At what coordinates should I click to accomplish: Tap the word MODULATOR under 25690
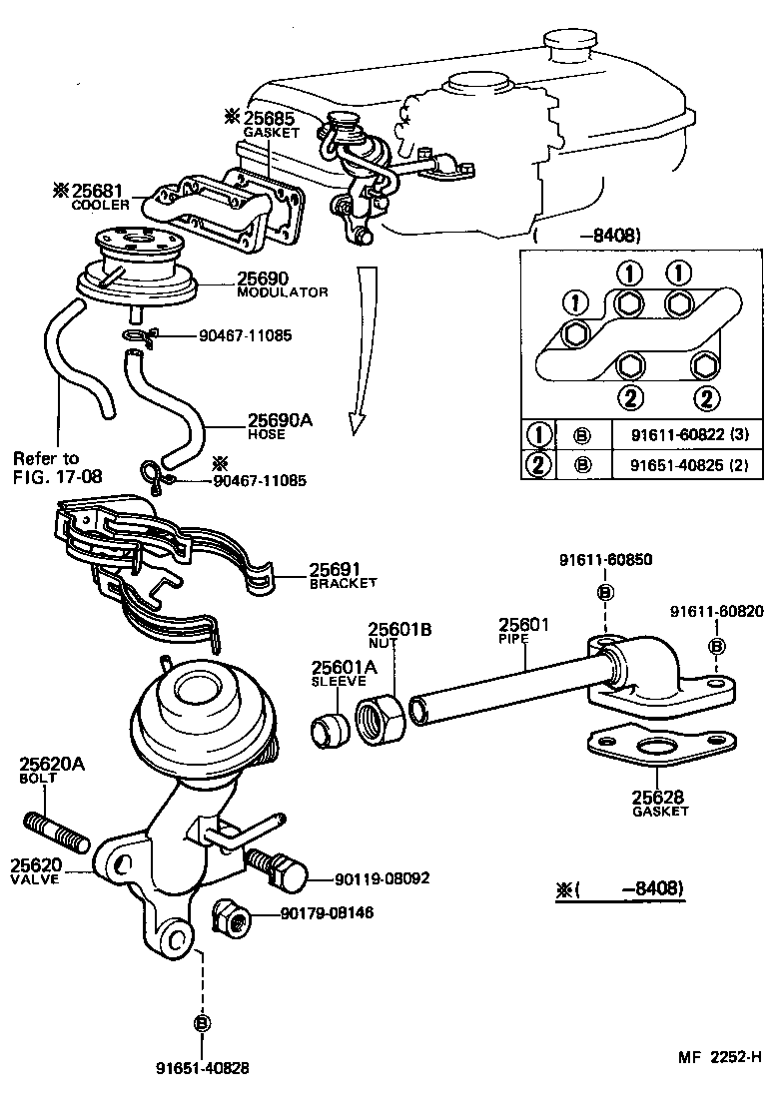pos(283,292)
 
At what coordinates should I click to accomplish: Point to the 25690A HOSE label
pos(280,426)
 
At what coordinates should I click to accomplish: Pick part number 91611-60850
pos(605,560)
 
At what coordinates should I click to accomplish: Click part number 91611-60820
pos(717,611)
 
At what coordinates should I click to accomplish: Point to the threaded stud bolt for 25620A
pos(56,830)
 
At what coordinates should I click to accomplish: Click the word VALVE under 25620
pos(35,879)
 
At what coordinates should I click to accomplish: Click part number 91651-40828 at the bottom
pos(202,1067)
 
